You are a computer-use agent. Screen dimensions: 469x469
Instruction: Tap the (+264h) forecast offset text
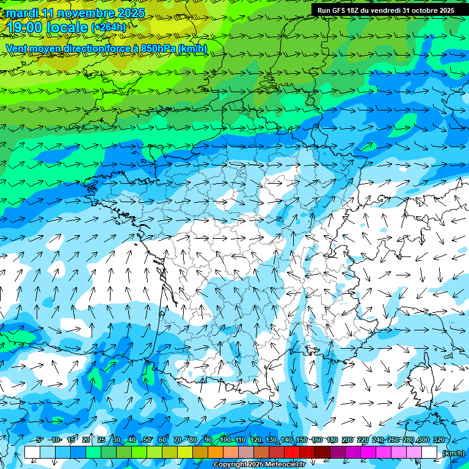tap(109, 27)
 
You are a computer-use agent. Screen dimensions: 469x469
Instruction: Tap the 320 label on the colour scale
tap(439, 440)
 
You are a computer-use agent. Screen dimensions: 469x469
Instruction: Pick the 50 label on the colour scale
tap(147, 440)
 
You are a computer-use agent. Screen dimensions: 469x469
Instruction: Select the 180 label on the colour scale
tap(332, 440)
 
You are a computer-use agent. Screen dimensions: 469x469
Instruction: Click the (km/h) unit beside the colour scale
tap(453, 453)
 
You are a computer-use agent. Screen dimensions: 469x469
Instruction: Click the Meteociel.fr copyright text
tap(259, 465)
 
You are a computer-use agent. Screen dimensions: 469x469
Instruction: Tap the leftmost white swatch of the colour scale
tap(32, 453)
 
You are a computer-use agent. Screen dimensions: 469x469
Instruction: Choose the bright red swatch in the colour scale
tap(292, 453)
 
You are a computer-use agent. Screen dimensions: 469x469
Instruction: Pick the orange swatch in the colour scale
tap(216, 453)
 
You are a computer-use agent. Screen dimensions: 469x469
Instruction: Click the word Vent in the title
tap(18, 48)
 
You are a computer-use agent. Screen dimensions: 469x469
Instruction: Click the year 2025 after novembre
tap(130, 13)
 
